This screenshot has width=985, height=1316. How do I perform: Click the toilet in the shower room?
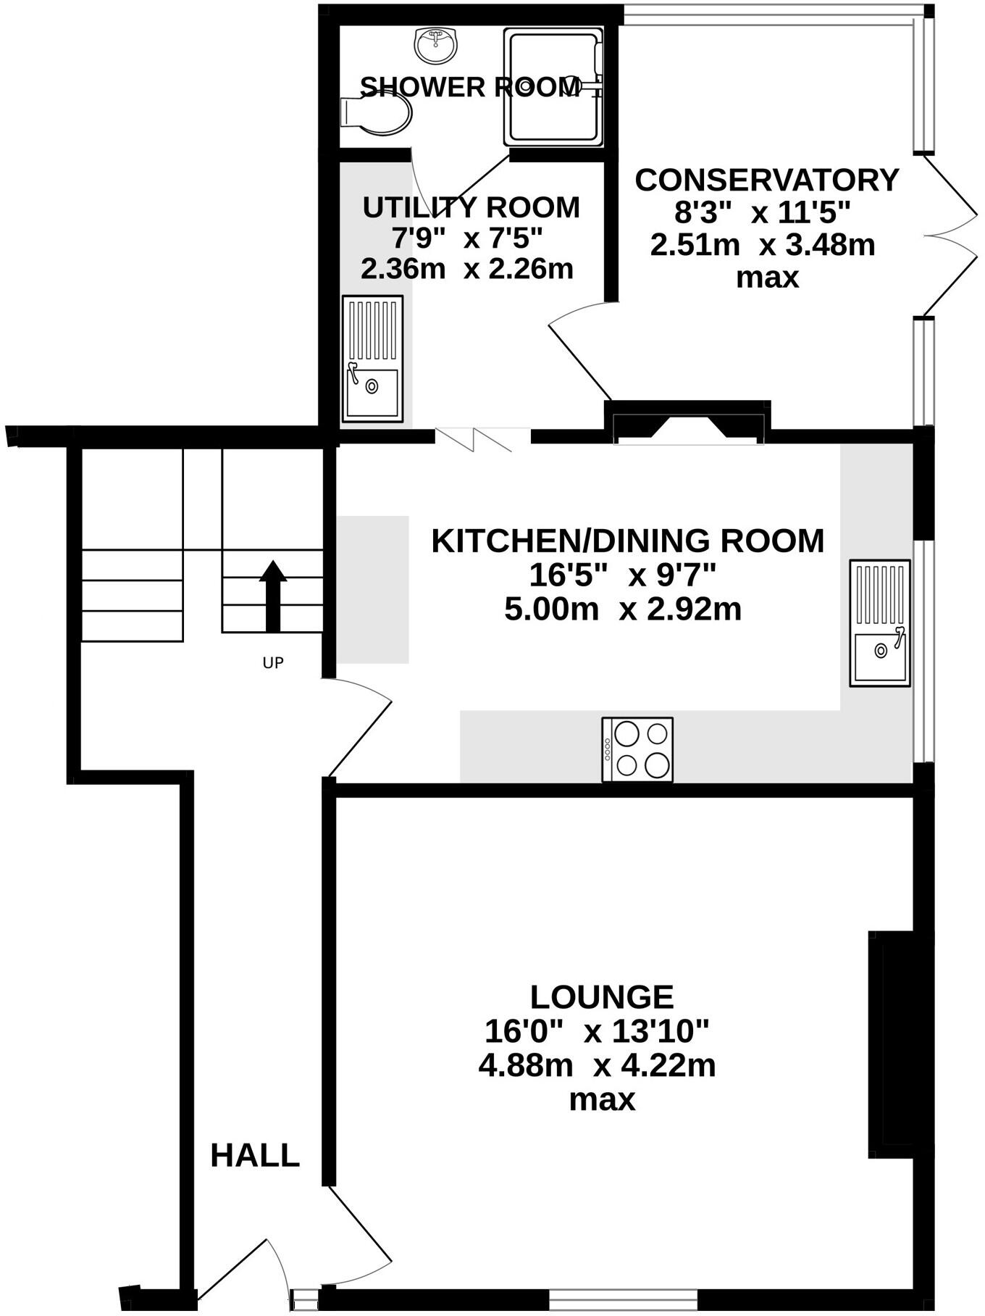click(377, 114)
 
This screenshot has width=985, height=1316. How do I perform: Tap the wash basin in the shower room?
click(436, 46)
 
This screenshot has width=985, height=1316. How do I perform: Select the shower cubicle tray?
click(554, 87)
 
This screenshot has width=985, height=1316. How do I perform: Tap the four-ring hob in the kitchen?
click(637, 750)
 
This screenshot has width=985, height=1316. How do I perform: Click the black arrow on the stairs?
click(273, 596)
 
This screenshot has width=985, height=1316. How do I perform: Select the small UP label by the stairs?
click(273, 662)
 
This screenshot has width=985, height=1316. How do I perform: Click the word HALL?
click(255, 1155)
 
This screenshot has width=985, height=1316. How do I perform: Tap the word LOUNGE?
click(601, 997)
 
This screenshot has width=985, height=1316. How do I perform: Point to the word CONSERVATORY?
click(767, 180)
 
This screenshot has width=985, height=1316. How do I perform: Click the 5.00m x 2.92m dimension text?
click(623, 609)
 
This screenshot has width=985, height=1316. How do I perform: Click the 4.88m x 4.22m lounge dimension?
click(598, 1065)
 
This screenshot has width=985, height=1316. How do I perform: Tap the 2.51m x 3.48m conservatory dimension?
click(763, 245)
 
